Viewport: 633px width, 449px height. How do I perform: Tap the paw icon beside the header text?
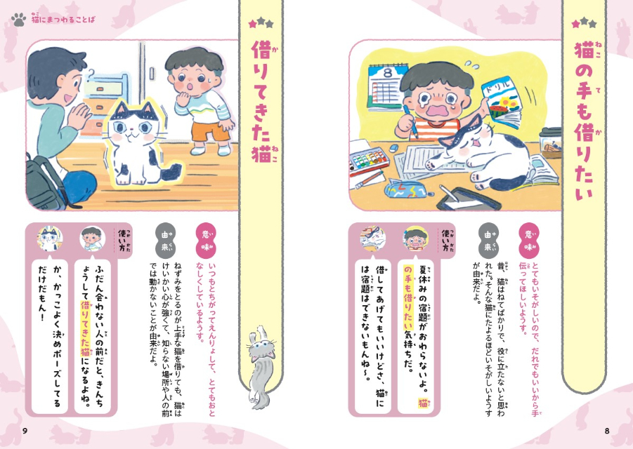pyautogui.click(x=18, y=20)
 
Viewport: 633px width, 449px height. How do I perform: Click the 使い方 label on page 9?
pyautogui.click(x=120, y=243)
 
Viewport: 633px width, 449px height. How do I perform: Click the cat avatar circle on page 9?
pyautogui.click(x=50, y=239)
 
